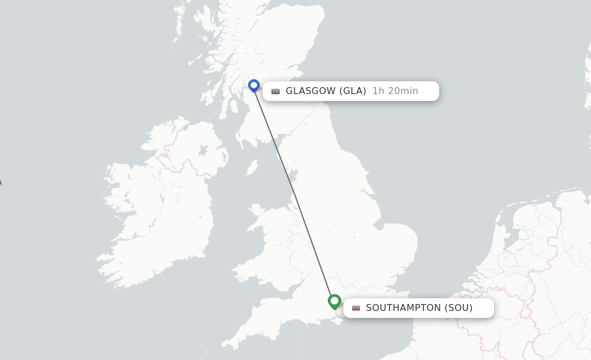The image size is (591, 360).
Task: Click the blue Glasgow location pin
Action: pyautogui.click(x=254, y=86)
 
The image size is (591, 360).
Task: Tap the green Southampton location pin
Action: pyautogui.click(x=334, y=301)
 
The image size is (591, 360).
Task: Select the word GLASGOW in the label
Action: pyautogui.click(x=311, y=91)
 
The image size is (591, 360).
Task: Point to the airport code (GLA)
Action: pyautogui.click(x=353, y=91)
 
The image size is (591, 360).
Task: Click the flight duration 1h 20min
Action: pyautogui.click(x=395, y=91)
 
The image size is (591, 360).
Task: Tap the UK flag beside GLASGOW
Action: pyautogui.click(x=276, y=91)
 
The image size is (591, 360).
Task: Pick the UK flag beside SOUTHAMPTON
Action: pyautogui.click(x=356, y=308)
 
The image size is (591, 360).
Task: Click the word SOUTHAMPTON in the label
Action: pyautogui.click(x=403, y=308)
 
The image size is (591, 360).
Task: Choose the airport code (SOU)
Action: pyautogui.click(x=458, y=308)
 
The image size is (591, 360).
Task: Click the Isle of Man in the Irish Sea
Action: pyautogui.click(x=252, y=167)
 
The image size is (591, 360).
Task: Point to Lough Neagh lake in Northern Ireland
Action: pyautogui.click(x=203, y=151)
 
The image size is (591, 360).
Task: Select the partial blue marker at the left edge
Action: pyautogui.click(x=0, y=183)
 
